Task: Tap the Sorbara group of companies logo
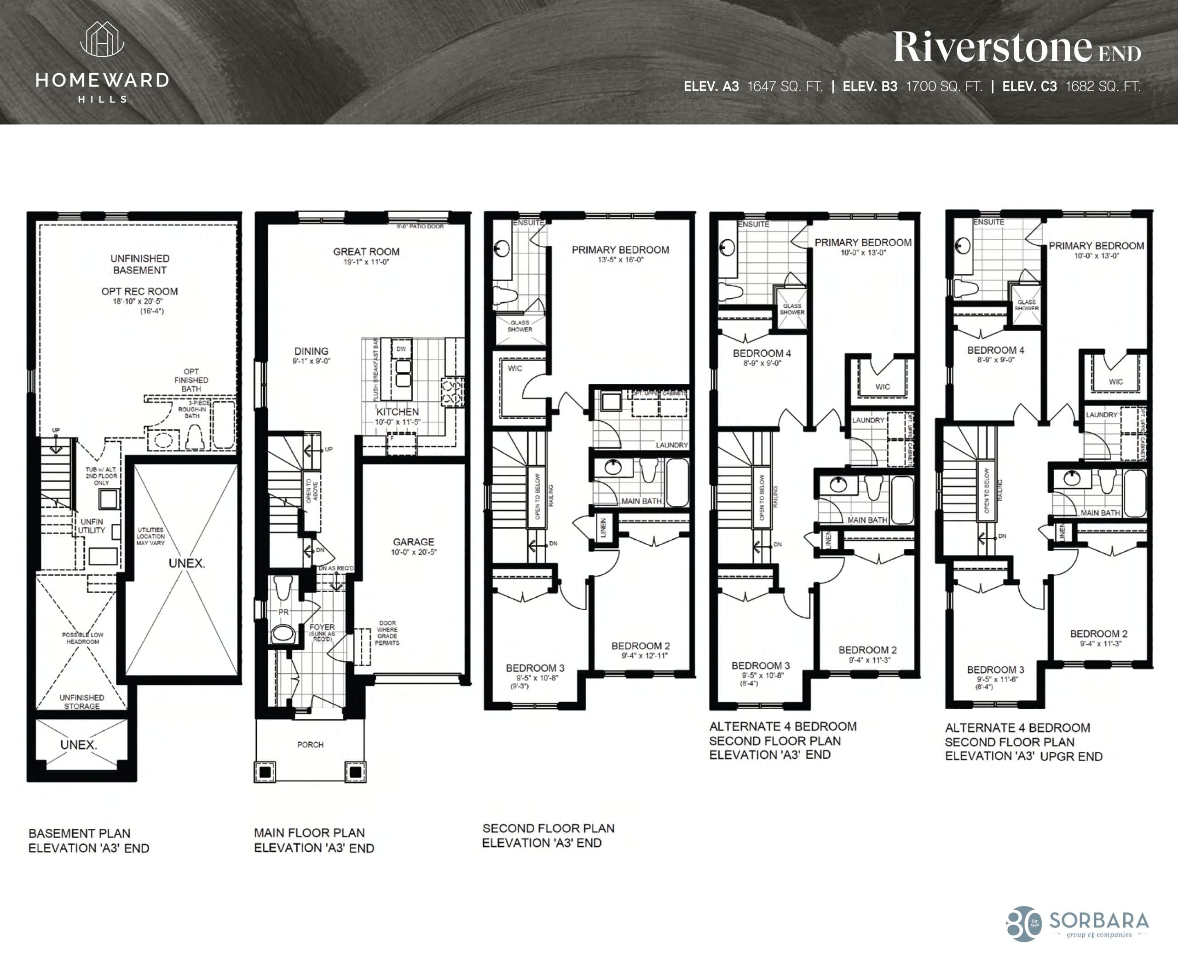(1079, 924)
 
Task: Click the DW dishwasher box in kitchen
(401, 349)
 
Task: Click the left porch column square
(265, 772)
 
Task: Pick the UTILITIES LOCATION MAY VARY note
(150, 537)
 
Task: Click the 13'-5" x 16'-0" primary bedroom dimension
(620, 260)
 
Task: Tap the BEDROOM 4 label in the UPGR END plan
(995, 350)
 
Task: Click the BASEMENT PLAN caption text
(79, 833)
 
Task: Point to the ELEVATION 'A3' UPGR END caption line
(1023, 756)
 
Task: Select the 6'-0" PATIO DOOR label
(420, 226)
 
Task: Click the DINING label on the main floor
(311, 352)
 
